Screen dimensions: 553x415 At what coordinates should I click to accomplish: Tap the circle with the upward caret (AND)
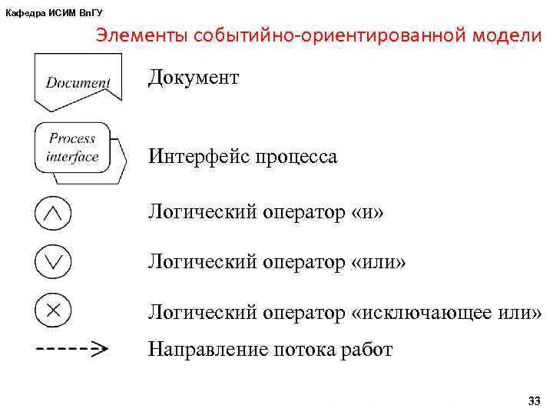(x=53, y=214)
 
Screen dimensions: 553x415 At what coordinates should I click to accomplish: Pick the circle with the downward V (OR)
(x=53, y=262)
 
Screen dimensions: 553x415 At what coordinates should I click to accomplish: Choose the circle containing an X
(x=53, y=310)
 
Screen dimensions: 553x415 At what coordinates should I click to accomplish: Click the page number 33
(x=535, y=401)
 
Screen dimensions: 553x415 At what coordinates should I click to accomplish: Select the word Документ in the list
(x=194, y=78)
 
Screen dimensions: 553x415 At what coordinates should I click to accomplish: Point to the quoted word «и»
(x=366, y=212)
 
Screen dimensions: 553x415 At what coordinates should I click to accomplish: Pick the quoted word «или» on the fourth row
(x=378, y=263)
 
